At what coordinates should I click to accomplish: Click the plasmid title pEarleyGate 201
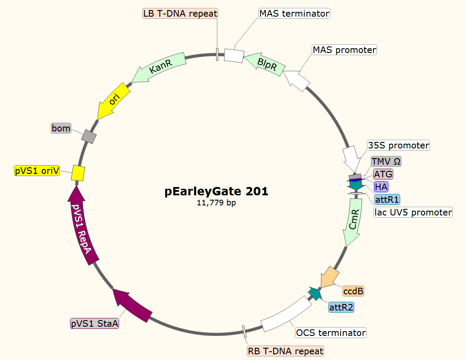click(217, 191)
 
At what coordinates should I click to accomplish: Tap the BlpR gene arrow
click(265, 63)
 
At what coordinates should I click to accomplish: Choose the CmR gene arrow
click(354, 221)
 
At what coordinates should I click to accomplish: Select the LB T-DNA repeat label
click(180, 14)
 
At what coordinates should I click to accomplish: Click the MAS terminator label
click(294, 14)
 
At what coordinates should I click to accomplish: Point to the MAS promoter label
click(344, 50)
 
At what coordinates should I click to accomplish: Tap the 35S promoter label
click(398, 145)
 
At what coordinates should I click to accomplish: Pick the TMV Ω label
click(386, 161)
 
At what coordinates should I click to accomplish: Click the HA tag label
click(381, 187)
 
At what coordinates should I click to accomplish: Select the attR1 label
click(387, 200)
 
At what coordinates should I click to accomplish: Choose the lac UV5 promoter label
click(413, 212)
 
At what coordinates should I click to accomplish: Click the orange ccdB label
click(353, 291)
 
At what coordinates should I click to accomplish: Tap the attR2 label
click(341, 307)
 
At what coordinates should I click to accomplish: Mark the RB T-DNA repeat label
click(285, 351)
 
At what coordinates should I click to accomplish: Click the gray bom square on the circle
click(89, 137)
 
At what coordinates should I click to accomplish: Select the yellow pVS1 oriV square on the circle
click(78, 173)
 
